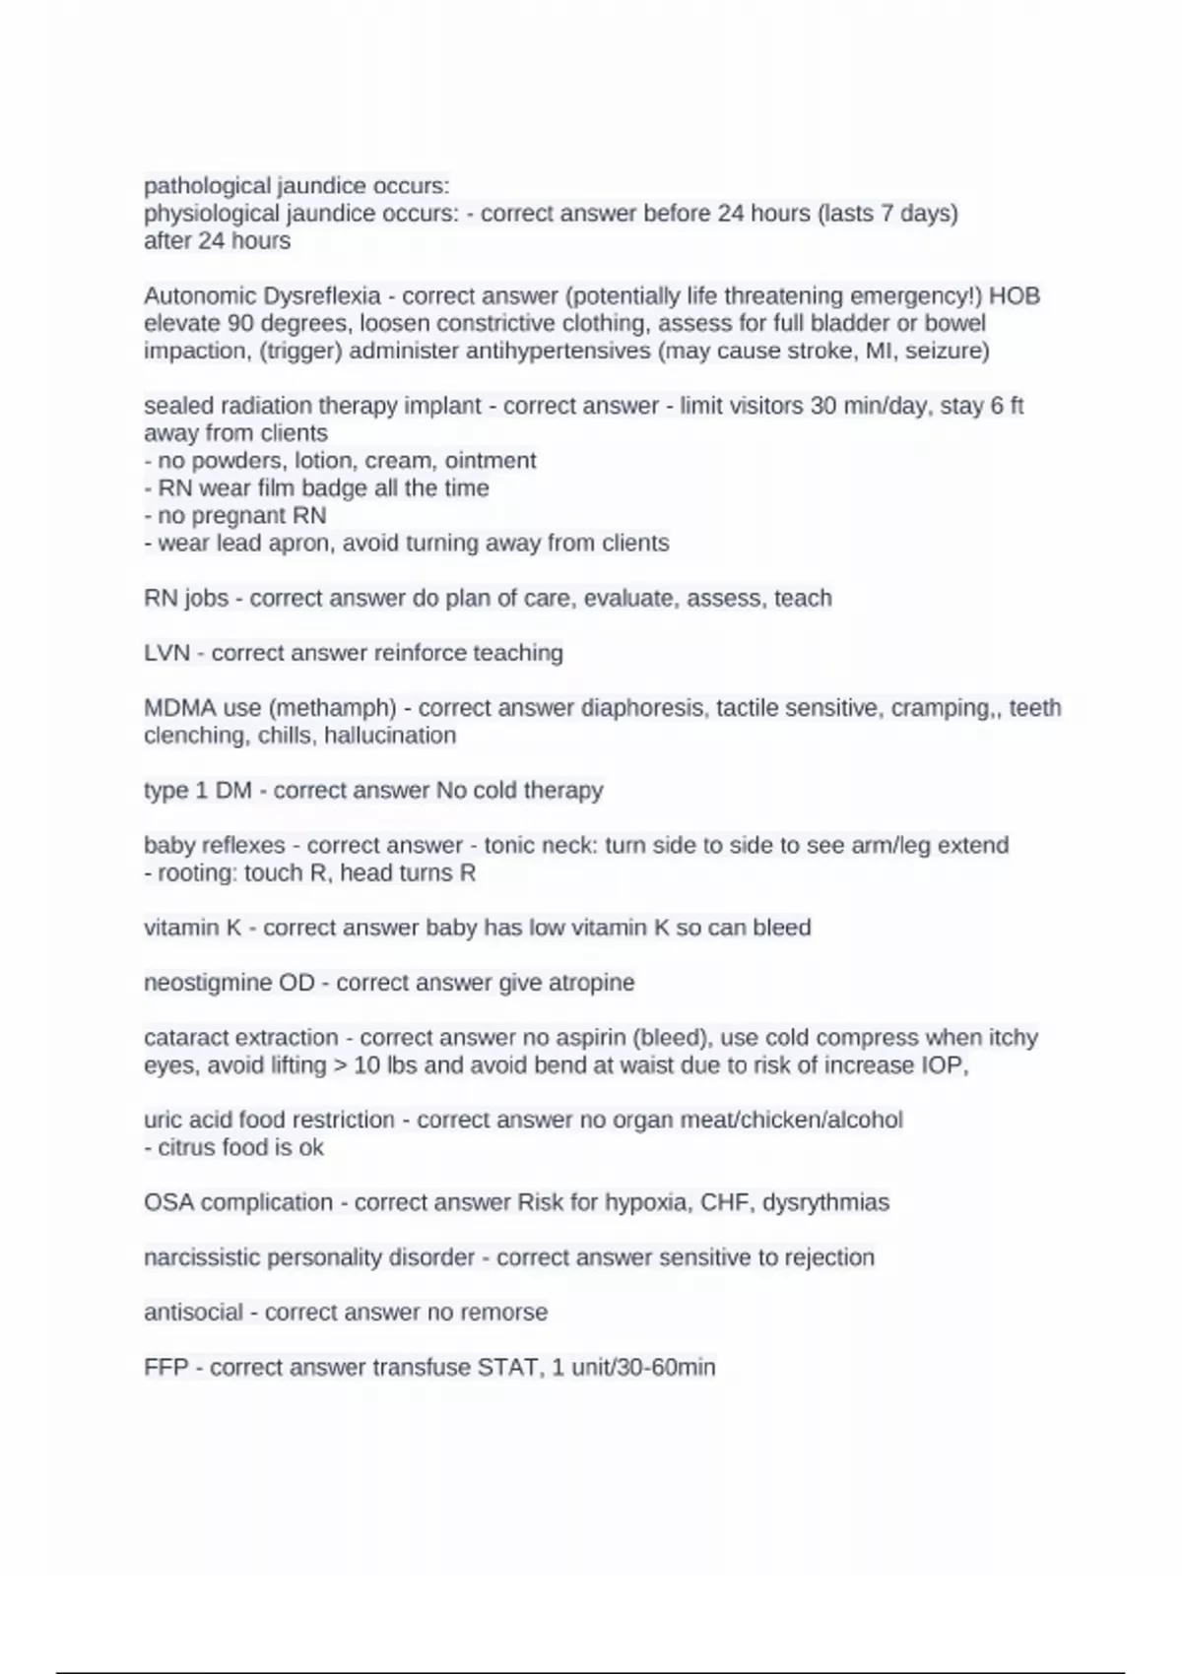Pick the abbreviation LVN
166,654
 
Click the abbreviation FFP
165,1368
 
